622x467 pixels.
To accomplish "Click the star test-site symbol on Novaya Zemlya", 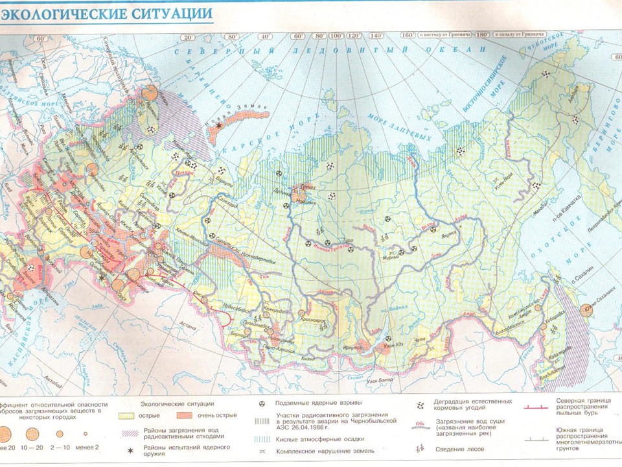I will coord(220,125).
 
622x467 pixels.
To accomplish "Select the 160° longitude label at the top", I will coord(408,35).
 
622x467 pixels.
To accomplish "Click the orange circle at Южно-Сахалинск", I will coord(586,311).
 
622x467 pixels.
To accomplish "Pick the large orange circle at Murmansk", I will coord(150,92).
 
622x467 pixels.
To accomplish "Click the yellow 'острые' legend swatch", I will coord(130,414).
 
